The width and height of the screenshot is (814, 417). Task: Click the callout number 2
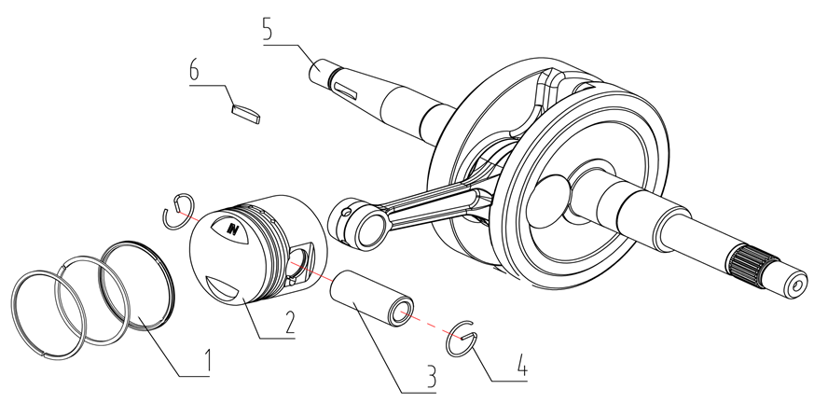pos(290,321)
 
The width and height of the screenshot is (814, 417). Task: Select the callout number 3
pos(430,376)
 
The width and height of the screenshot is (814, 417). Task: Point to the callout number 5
pos(268,29)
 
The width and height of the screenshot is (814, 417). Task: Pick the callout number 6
pos(195,71)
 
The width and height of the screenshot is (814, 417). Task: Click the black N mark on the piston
pos(234,227)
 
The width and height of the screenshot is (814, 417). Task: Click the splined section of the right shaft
pos(749,263)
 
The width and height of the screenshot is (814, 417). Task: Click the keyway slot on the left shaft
pos(347,90)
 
